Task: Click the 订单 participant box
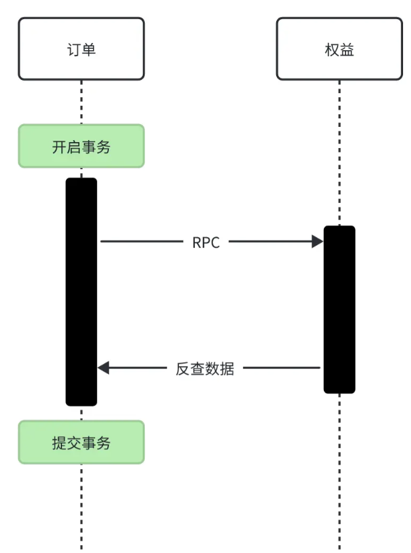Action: tap(81, 49)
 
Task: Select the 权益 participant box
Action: tap(339, 49)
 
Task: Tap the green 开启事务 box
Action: tap(81, 146)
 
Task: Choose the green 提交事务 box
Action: tap(81, 442)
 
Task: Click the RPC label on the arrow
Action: tap(205, 242)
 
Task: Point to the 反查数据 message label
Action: tap(205, 368)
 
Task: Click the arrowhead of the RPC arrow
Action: tap(317, 242)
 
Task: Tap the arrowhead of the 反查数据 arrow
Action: tap(103, 368)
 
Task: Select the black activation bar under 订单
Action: tap(81, 291)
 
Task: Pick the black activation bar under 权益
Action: tap(339, 309)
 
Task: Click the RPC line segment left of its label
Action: tap(142, 242)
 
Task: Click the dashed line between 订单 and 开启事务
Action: tap(81, 102)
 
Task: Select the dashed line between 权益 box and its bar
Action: tap(339, 152)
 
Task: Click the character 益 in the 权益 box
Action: tap(347, 50)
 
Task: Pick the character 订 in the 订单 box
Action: tap(73, 50)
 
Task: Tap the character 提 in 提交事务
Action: tap(59, 443)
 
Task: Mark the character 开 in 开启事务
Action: tap(59, 147)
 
